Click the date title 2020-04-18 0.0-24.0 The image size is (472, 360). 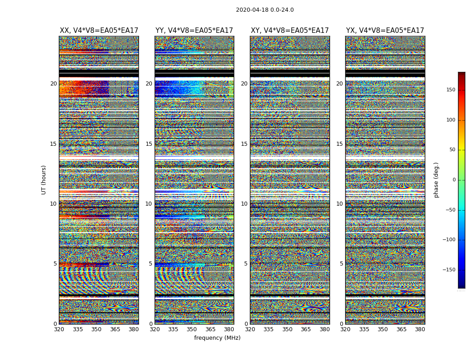pyautogui.click(x=265, y=10)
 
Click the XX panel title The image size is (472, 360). pyautogui.click(x=99, y=31)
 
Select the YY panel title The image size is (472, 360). pyautogui.click(x=194, y=31)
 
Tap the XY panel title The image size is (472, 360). pyautogui.click(x=289, y=31)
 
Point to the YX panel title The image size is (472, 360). pyautogui.click(x=385, y=31)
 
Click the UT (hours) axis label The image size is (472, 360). pyautogui.click(x=44, y=180)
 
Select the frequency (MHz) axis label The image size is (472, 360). pyautogui.click(x=217, y=338)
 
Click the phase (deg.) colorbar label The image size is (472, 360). pyautogui.click(x=436, y=180)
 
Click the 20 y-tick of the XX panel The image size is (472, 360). pyautogui.click(x=53, y=84)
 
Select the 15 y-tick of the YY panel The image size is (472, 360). pyautogui.click(x=149, y=144)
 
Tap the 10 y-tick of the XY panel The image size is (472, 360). pyautogui.click(x=244, y=204)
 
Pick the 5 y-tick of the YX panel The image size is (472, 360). pyautogui.click(x=341, y=264)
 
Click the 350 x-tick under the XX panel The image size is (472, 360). pyautogui.click(x=96, y=329)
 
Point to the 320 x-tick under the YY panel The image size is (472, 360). pyautogui.click(x=155, y=329)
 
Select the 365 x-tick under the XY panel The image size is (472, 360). pyautogui.click(x=306, y=329)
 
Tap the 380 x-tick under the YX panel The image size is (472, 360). pyautogui.click(x=420, y=329)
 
